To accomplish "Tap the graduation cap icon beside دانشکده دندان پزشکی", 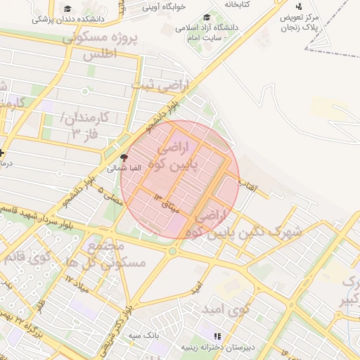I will tap(67, 9).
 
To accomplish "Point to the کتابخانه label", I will tap(238, 4).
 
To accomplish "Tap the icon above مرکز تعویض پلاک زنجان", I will tap(299, 6).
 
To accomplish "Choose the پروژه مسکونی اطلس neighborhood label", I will tap(98, 46).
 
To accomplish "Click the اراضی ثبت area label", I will tap(160, 86).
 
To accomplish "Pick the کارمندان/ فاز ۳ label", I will tap(84, 124).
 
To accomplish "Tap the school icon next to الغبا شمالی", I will tap(124, 158).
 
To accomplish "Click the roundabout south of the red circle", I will tap(172, 251).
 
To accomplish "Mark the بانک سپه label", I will tap(144, 336).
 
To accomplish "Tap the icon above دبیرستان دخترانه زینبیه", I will tap(217, 337).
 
